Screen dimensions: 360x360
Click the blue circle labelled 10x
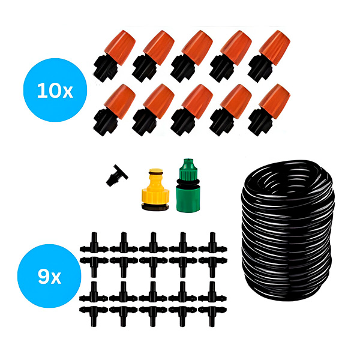(x=55, y=90)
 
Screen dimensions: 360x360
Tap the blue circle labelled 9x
(x=49, y=276)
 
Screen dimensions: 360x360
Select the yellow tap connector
(x=155, y=190)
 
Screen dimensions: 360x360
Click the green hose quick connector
(x=188, y=185)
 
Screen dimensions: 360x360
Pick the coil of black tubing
(x=287, y=230)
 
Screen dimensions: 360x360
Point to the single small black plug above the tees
(x=116, y=175)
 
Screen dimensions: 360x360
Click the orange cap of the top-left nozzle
(x=120, y=47)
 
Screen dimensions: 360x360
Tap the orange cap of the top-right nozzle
(x=275, y=47)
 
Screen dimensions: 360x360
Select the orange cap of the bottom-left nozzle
(x=120, y=101)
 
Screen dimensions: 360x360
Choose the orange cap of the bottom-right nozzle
(x=275, y=101)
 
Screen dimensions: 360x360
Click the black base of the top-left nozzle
(x=105, y=68)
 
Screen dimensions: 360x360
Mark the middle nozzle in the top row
(x=192, y=56)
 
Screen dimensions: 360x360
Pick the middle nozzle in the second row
(x=192, y=110)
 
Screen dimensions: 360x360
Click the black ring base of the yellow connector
(x=155, y=206)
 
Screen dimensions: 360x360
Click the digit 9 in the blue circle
(x=44, y=277)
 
